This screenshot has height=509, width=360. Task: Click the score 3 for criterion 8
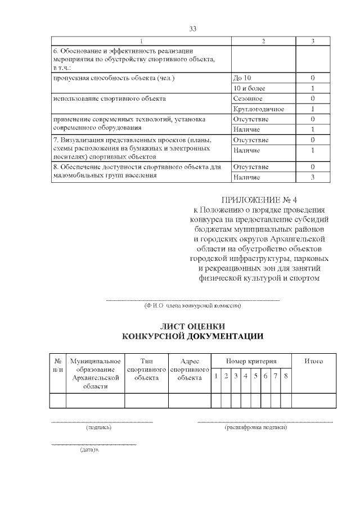point(312,177)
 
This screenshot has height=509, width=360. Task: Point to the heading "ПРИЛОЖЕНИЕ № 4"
point(259,199)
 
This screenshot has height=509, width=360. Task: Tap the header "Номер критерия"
point(251,361)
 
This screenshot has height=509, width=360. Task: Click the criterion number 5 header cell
point(256,376)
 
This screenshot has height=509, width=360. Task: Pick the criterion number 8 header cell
point(286,376)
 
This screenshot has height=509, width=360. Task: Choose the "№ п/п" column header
point(58,365)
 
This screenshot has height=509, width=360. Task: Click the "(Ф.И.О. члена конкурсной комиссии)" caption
point(193,306)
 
